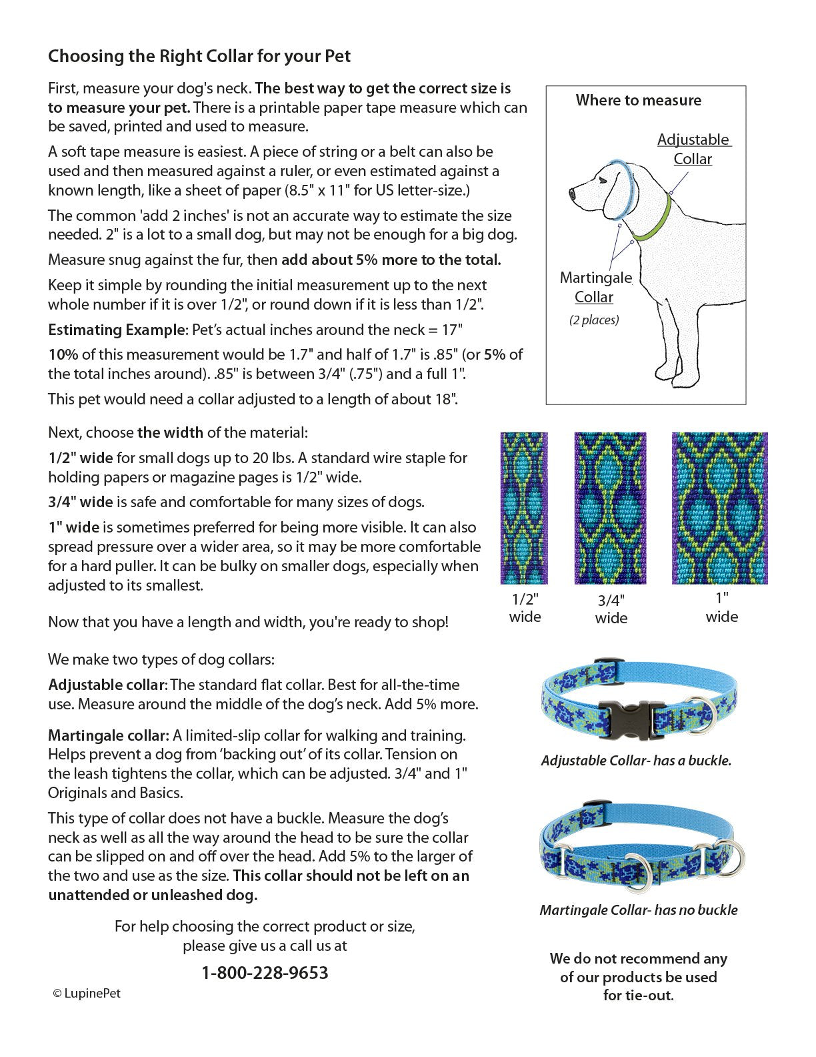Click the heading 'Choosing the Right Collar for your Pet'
point(199,57)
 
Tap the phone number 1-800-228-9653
point(265,972)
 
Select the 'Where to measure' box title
point(638,101)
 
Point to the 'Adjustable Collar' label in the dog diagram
point(693,149)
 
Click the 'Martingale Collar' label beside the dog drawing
point(595,287)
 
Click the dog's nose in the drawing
point(572,194)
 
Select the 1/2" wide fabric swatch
point(524,508)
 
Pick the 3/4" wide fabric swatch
point(610,508)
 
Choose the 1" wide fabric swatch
point(719,508)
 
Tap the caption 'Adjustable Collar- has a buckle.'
point(636,761)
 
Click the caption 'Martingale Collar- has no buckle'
point(638,910)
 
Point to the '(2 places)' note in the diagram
point(594,320)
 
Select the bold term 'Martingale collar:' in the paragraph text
point(108,735)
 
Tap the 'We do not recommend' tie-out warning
point(638,977)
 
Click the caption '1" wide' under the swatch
point(721,607)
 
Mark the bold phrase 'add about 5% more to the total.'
point(391,260)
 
